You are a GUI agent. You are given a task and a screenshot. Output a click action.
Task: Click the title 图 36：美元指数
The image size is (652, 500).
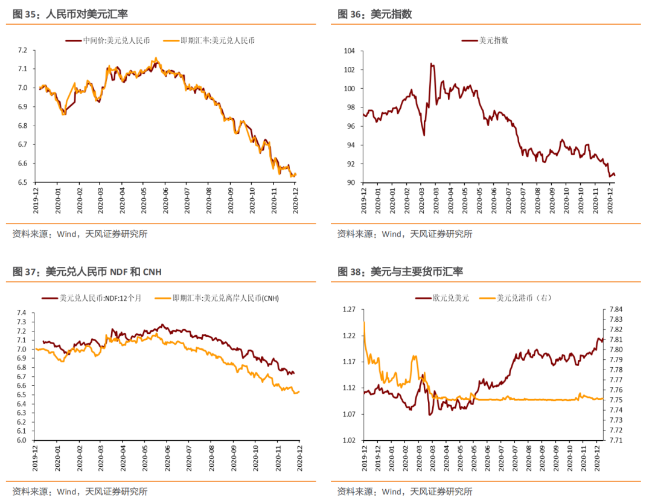tap(375, 14)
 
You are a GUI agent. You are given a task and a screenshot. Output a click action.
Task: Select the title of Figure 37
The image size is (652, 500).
tap(87, 272)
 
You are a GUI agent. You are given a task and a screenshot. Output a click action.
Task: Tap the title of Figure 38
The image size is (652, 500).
tap(400, 272)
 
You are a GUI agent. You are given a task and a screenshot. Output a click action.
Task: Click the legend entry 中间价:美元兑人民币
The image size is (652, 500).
tap(107, 40)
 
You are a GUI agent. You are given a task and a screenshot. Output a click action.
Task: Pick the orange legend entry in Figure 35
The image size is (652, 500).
tap(209, 40)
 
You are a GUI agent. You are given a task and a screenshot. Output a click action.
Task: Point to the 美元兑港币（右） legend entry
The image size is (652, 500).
tap(515, 298)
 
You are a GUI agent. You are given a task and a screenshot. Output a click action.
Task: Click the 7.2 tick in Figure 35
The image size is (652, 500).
tap(22, 50)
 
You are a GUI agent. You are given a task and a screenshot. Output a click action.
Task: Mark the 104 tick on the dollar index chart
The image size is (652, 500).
tap(348, 51)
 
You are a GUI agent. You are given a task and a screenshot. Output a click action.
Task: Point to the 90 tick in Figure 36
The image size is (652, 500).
tap(350, 182)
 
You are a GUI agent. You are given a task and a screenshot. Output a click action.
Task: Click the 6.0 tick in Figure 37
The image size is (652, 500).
tap(22, 440)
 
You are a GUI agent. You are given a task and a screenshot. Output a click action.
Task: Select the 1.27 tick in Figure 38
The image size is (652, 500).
tap(349, 310)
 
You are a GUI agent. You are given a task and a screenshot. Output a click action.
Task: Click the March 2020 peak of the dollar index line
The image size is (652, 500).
tap(432, 63)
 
